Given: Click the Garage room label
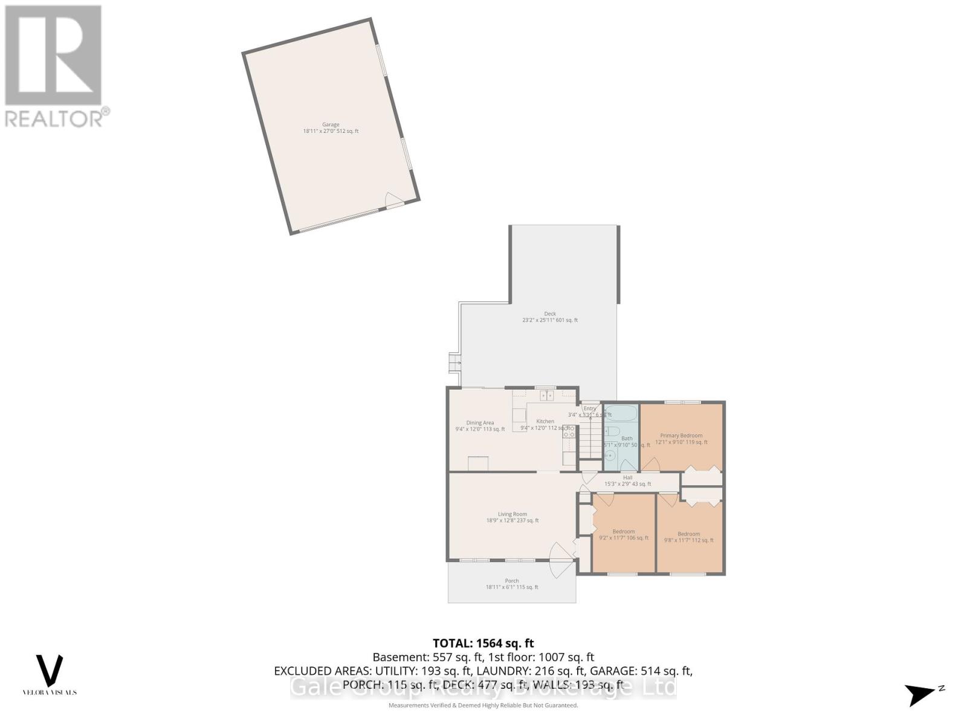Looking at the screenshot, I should [331, 124].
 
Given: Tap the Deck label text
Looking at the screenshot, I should [549, 314].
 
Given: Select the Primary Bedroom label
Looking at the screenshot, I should [681, 436].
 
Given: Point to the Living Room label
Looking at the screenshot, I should [513, 514].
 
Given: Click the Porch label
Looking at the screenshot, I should [512, 581].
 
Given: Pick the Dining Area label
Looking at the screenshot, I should [480, 423].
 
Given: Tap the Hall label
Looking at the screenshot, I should [627, 477].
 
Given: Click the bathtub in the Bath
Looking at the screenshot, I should [621, 413].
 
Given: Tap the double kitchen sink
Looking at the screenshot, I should [546, 396].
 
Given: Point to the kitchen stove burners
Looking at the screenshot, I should [569, 431].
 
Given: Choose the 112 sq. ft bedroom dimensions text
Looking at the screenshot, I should [688, 540].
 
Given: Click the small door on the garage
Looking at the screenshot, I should [394, 201].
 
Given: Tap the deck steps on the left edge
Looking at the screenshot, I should [454, 362].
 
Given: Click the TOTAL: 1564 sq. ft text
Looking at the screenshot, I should [483, 643].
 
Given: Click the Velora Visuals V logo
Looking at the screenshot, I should [50, 671].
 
